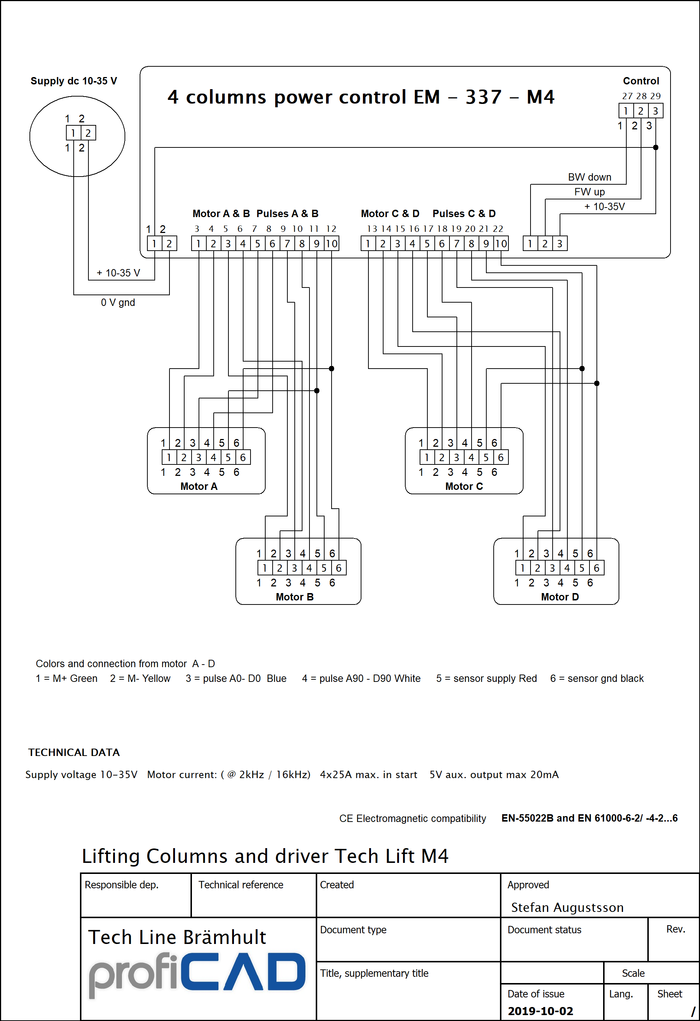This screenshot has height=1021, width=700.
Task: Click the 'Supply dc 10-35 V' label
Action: [x=74, y=81]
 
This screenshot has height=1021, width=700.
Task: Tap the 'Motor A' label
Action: [x=199, y=486]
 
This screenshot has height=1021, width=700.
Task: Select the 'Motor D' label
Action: [x=560, y=597]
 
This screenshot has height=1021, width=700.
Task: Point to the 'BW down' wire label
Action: [x=589, y=177]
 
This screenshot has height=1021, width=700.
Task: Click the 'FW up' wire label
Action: [x=589, y=192]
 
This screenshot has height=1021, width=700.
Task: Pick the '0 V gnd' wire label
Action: [x=118, y=302]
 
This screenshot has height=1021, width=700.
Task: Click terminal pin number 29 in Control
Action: [x=655, y=96]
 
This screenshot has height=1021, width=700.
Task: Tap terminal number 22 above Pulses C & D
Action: [x=498, y=229]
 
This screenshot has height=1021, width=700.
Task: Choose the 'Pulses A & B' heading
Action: [x=287, y=213]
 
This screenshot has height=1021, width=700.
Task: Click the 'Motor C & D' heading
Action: [x=390, y=213]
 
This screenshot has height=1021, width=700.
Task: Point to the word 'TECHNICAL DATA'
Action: [x=74, y=752]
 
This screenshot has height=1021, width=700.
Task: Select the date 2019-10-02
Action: [x=540, y=1011]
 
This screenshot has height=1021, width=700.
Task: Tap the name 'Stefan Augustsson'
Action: [x=567, y=907]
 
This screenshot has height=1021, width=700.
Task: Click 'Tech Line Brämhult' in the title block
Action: [x=177, y=937]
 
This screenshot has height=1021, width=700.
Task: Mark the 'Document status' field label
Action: [x=545, y=930]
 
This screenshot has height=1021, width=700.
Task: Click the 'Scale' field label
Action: [x=633, y=973]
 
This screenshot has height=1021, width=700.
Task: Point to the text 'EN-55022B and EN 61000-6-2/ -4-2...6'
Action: [x=589, y=818]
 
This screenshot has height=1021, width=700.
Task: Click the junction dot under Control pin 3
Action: [x=656, y=147]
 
